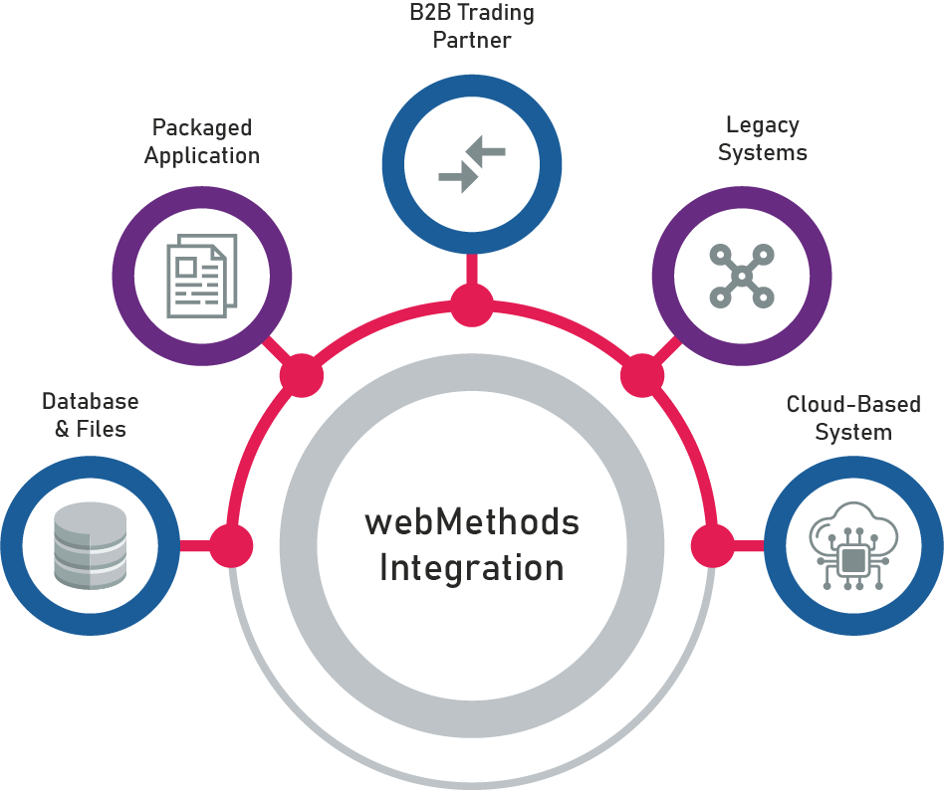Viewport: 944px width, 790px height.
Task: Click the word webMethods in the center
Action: [x=471, y=521]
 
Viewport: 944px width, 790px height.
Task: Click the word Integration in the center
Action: [x=471, y=568]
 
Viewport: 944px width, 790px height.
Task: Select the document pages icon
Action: [x=201, y=275]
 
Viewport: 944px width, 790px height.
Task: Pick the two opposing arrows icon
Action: [x=472, y=164]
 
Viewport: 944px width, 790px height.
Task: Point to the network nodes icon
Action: [x=741, y=274]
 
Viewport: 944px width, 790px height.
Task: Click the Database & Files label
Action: [x=90, y=415]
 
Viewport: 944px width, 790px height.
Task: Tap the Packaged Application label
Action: [x=202, y=141]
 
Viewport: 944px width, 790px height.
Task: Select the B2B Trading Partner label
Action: [x=472, y=27]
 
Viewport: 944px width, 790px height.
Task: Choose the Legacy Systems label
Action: [x=763, y=139]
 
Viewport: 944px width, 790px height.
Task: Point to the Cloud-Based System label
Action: [x=853, y=418]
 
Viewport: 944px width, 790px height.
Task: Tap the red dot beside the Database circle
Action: [x=231, y=545]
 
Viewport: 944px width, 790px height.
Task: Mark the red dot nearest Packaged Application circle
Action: [x=302, y=377]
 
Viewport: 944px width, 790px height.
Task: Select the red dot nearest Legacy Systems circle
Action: [x=642, y=377]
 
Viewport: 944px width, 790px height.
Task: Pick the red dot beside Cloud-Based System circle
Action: [x=712, y=545]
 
